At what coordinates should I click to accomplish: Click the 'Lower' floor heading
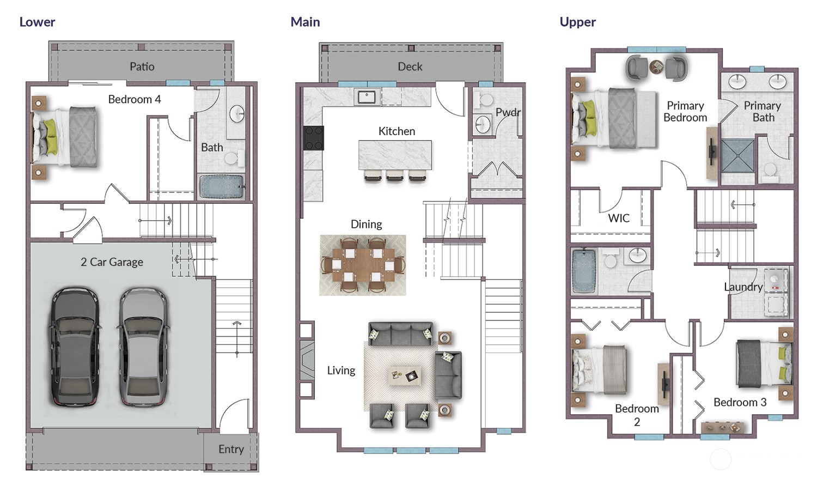(37, 22)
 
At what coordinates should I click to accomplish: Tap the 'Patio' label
(142, 66)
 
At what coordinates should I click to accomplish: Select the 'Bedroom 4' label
(134, 99)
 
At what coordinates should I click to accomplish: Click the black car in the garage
(75, 347)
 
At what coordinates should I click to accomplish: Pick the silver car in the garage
(143, 347)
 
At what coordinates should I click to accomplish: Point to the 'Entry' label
(231, 449)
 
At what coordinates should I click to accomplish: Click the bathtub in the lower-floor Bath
(221, 186)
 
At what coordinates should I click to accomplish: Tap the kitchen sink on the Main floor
(367, 96)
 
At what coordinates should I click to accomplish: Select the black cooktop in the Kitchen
(313, 138)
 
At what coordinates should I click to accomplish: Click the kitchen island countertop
(395, 155)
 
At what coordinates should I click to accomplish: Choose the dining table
(363, 265)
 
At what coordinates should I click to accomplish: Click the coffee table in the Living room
(404, 376)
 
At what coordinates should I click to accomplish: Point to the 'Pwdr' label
(508, 112)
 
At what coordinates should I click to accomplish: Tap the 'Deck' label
(410, 66)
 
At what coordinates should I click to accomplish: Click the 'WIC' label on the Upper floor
(619, 218)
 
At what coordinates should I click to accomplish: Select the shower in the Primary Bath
(737, 156)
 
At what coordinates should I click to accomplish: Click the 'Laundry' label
(743, 287)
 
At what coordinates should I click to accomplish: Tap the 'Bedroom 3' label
(740, 402)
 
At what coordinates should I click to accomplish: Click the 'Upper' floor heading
(578, 22)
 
